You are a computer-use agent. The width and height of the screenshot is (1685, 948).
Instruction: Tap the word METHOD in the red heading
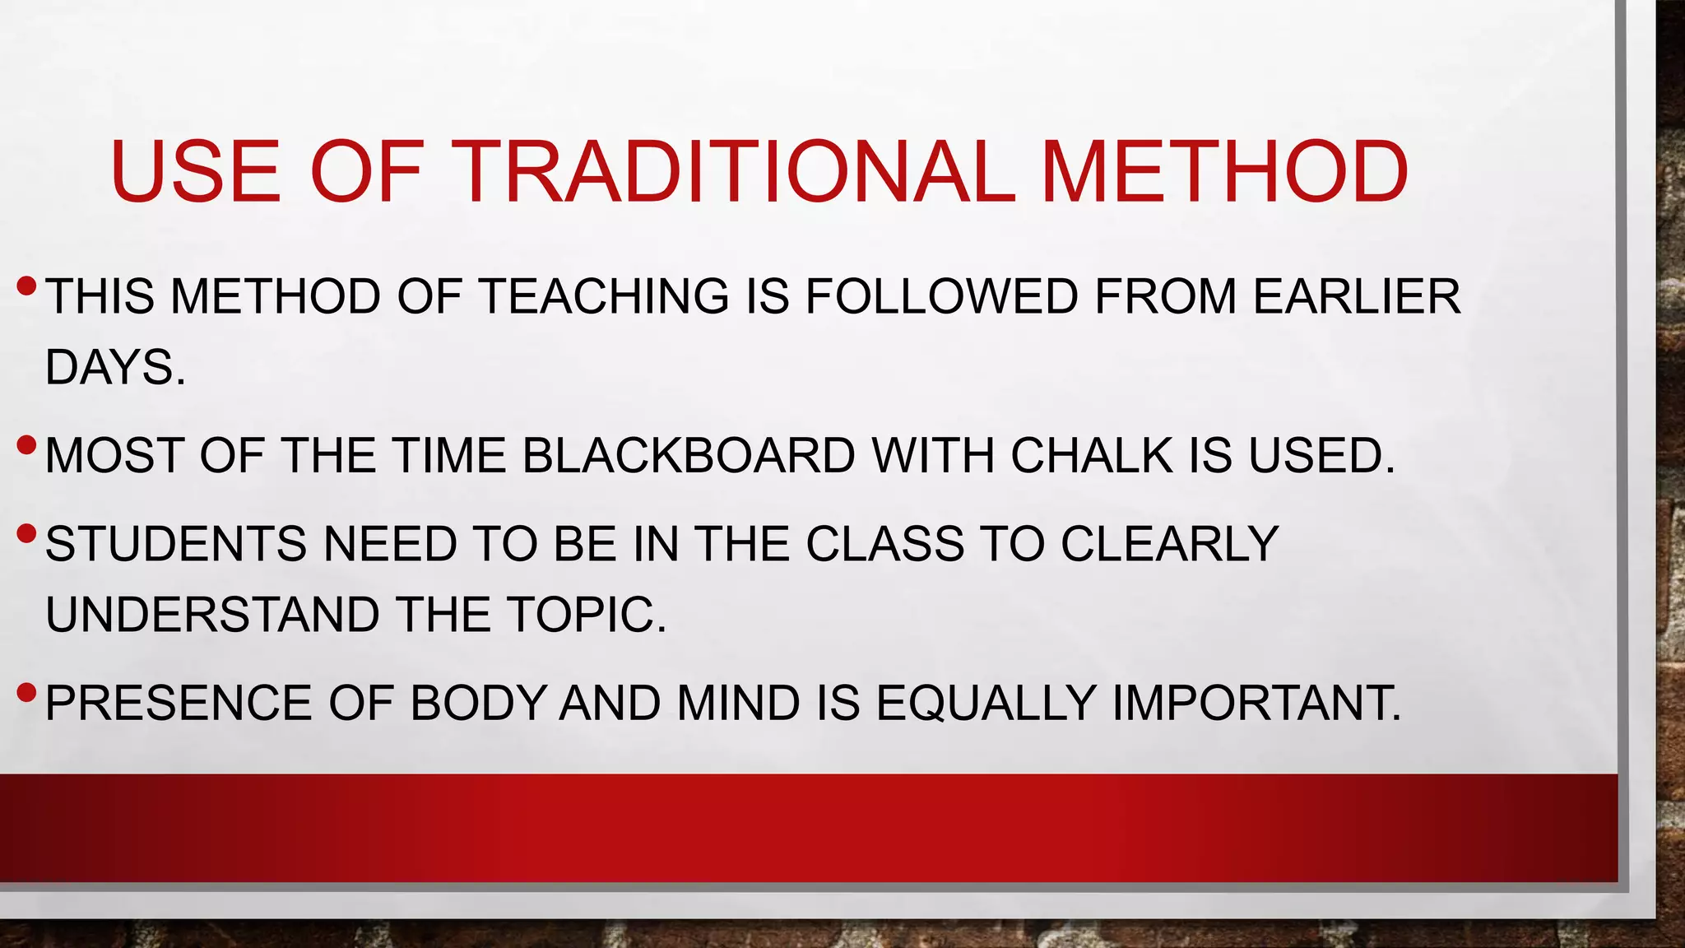[x=1224, y=172]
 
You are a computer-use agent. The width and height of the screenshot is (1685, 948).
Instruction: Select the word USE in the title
[x=196, y=172]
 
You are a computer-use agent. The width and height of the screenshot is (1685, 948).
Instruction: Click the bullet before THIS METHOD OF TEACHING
[x=26, y=286]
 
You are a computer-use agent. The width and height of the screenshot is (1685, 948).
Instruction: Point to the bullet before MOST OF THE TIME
[x=26, y=446]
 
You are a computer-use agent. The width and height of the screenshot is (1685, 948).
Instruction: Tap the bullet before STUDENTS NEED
[x=26, y=534]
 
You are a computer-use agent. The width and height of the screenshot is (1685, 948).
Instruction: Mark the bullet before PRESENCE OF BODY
[x=26, y=693]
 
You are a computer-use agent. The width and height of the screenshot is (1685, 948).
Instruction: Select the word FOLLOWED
[x=941, y=296]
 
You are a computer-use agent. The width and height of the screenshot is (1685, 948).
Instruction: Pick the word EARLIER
[x=1357, y=296]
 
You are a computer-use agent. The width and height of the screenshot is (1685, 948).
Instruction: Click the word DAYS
[x=114, y=367]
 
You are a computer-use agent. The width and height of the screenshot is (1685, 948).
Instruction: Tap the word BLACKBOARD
[x=689, y=455]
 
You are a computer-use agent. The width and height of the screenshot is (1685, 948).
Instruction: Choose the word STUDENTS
[x=175, y=544]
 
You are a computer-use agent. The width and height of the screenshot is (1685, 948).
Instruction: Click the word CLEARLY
[x=1169, y=544]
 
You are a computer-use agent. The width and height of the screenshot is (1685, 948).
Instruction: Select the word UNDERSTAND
[x=212, y=615]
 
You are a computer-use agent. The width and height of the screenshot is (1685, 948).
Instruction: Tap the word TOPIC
[x=586, y=615]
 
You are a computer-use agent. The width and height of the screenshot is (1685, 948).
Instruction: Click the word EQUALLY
[x=986, y=703]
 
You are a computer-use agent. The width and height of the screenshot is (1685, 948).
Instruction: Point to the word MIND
[x=738, y=703]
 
